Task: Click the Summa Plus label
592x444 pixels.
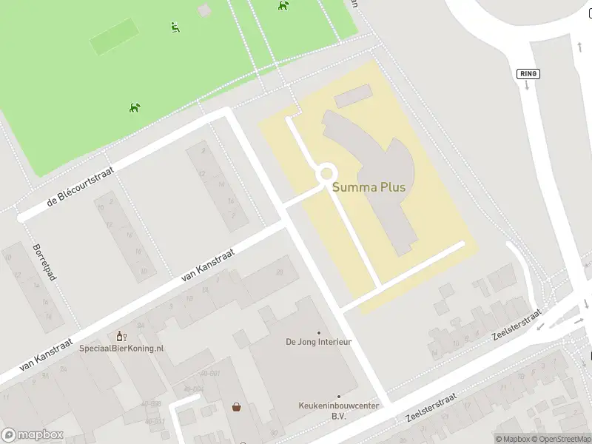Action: tap(369, 187)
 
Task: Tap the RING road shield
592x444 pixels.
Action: tap(528, 74)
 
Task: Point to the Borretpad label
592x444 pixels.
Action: tap(44, 262)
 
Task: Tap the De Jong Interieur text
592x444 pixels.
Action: tap(318, 343)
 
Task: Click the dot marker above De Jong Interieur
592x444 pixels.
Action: tap(319, 332)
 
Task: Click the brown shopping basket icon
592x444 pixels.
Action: tap(237, 406)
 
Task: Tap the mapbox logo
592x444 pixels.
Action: tap(33, 435)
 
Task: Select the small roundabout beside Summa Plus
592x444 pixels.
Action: tap(326, 174)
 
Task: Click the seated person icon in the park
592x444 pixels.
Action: tap(175, 27)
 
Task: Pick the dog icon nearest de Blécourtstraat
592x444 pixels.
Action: tap(135, 108)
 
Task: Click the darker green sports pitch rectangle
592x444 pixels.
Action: tap(115, 36)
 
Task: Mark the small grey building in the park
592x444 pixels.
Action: tap(204, 10)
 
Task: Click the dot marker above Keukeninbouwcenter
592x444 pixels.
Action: tap(338, 397)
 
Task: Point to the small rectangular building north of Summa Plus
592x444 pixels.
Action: tap(353, 95)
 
